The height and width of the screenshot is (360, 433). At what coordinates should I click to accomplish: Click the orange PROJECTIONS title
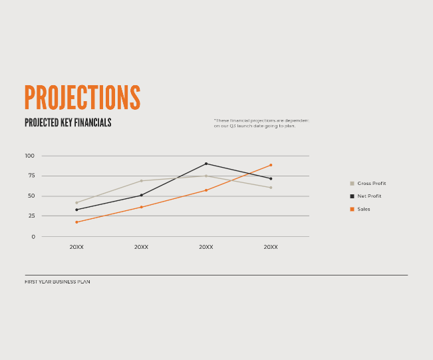(x=82, y=98)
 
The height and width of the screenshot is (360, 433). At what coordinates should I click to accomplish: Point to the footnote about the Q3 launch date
(x=261, y=123)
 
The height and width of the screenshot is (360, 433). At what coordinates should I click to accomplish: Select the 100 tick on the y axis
(x=29, y=156)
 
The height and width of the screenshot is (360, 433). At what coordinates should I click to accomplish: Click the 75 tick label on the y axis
(x=31, y=176)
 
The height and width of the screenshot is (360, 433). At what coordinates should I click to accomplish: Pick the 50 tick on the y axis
(x=31, y=196)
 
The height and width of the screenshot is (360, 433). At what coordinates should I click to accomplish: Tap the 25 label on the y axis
(x=31, y=216)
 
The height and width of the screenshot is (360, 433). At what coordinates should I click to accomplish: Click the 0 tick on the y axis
(x=33, y=236)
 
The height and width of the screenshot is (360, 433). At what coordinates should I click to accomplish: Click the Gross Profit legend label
(x=371, y=183)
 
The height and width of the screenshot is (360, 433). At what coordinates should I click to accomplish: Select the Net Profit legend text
(x=369, y=196)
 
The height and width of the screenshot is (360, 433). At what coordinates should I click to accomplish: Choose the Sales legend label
(x=364, y=209)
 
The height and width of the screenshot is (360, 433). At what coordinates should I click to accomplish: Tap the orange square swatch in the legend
(x=352, y=209)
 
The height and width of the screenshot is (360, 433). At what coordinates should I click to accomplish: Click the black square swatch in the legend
(x=352, y=196)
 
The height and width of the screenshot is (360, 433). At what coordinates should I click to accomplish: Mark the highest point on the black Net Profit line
(x=206, y=164)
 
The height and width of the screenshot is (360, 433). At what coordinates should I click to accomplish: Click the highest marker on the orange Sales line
(x=271, y=165)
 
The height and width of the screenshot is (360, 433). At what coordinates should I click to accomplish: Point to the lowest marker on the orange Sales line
(x=76, y=222)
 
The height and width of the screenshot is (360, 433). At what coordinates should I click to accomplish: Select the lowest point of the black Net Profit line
(x=76, y=210)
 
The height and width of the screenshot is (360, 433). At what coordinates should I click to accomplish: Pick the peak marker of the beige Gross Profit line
(x=206, y=176)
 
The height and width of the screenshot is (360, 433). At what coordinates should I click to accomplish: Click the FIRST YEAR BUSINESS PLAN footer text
(x=57, y=281)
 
